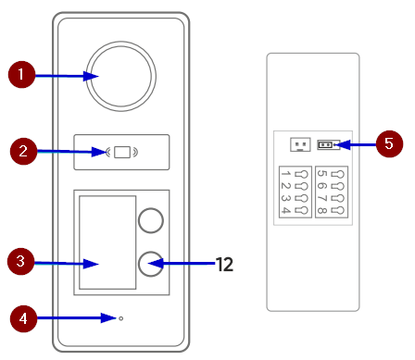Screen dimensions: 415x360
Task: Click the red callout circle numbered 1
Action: coord(21,74)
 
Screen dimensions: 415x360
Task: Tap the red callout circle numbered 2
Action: coord(24,151)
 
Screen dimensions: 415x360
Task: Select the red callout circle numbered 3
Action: coord(20,261)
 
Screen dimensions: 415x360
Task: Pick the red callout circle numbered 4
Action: coord(23,318)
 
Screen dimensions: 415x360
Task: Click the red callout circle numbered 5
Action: coord(389,143)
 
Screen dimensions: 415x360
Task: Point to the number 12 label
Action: coord(224,265)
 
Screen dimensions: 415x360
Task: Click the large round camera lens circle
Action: coord(121,76)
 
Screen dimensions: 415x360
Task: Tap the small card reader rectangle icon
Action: coord(122,152)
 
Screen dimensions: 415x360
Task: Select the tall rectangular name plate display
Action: coord(107,242)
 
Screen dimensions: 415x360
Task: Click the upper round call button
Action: coord(151,220)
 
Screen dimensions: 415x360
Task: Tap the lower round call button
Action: coord(151,264)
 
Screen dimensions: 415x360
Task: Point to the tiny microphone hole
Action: coord(121,318)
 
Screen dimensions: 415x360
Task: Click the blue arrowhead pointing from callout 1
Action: coord(91,76)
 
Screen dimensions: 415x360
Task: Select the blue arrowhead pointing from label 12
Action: coord(156,264)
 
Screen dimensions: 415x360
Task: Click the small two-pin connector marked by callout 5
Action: coord(326,144)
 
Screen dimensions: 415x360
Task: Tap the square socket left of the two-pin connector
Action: coord(300,144)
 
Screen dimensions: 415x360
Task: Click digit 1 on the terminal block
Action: coord(286,174)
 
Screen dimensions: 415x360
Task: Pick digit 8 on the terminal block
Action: coord(321,211)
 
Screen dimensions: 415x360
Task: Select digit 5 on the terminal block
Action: coord(321,174)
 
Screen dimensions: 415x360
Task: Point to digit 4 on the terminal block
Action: coord(286,211)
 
